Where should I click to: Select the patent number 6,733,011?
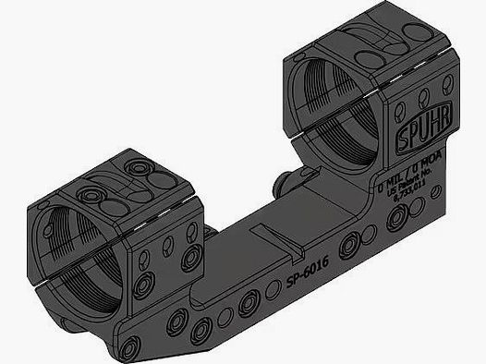point(407,197)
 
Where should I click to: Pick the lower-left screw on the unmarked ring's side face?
point(143,285)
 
